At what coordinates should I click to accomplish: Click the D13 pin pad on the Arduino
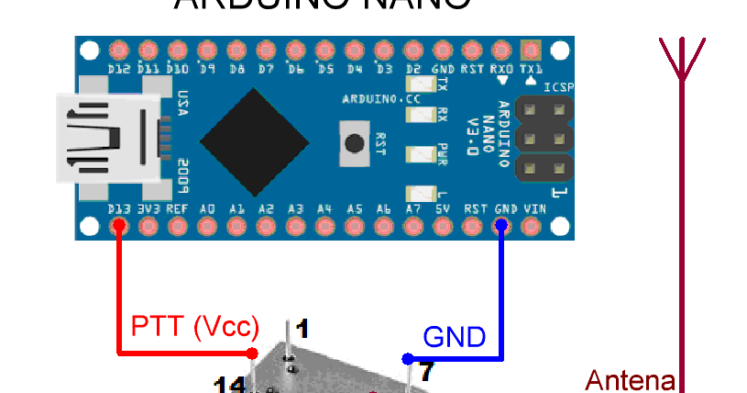[x=117, y=225]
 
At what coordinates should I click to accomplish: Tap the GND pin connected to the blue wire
[x=501, y=225]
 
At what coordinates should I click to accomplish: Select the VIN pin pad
[x=531, y=225]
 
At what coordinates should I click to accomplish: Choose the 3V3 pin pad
[x=148, y=225]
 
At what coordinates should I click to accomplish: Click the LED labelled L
[x=421, y=193]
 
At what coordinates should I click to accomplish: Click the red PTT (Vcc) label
[x=195, y=327]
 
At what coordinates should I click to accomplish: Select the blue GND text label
[x=454, y=337]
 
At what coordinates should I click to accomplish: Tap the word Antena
[x=631, y=379]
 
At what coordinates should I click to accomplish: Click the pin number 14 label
[x=228, y=385]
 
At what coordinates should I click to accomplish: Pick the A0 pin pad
[x=207, y=225]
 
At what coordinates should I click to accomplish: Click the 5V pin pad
[x=443, y=225]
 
